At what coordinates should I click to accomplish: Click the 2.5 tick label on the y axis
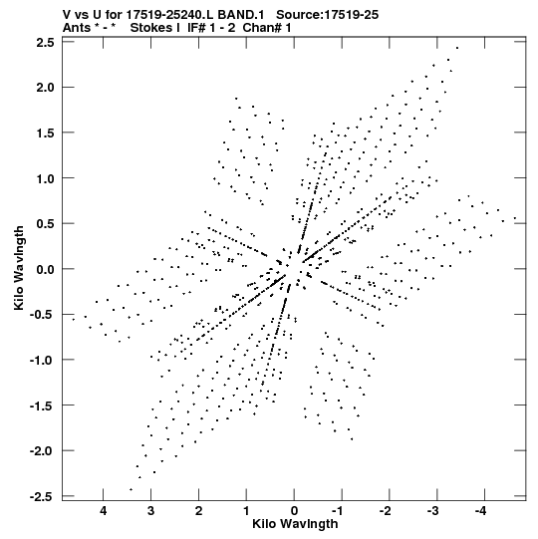[46, 42]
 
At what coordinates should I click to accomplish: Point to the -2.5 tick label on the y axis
[42, 496]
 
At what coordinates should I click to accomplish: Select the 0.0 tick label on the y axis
[46, 269]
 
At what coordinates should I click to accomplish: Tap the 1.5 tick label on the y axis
[46, 134]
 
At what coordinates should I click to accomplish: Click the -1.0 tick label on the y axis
[42, 361]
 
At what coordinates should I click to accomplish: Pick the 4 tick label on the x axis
[104, 511]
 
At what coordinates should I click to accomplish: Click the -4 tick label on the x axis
[481, 511]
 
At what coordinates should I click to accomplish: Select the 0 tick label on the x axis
[294, 511]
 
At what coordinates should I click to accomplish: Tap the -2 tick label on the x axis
[386, 511]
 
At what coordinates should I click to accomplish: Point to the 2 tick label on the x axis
[198, 511]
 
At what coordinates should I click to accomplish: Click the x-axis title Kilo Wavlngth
[295, 524]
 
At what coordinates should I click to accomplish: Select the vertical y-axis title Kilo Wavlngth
[19, 268]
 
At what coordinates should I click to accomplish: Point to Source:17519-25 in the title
[327, 15]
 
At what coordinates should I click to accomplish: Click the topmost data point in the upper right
[457, 48]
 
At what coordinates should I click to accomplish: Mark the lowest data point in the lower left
[131, 489]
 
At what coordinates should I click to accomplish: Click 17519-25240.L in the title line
[170, 15]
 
